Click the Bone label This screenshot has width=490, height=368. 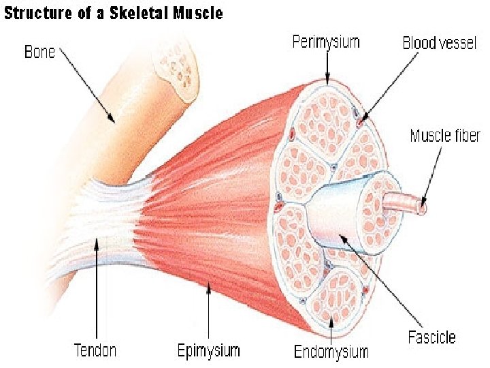point(39,52)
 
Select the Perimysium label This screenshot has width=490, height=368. point(325,42)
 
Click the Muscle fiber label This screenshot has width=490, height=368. point(445,136)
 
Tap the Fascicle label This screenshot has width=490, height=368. point(431,337)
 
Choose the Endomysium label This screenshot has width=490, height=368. point(331,352)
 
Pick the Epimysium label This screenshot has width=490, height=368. point(208,351)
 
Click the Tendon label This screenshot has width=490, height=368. point(95,350)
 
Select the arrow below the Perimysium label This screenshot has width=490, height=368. point(327,67)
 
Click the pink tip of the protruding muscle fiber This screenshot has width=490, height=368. point(423,202)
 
